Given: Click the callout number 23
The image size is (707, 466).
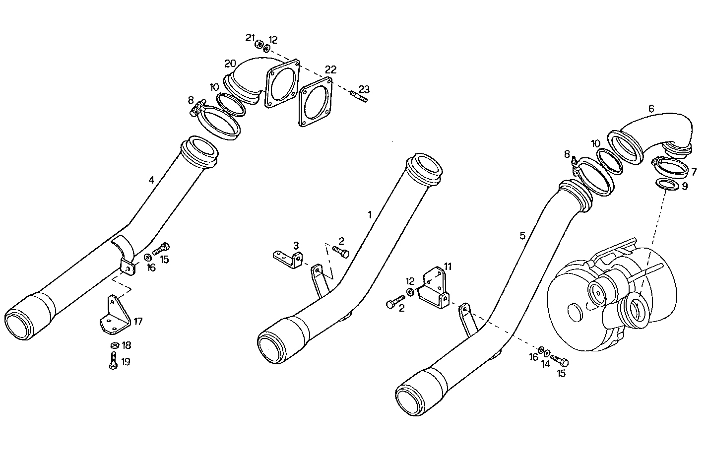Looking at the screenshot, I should pos(364,89).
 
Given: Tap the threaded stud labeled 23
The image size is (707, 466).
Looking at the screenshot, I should pos(358,97).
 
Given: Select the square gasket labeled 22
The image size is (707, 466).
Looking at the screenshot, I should pos(315,102).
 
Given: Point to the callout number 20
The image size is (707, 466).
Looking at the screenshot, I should pos(230,64).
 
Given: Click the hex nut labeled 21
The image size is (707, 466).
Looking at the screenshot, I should pos(258,44).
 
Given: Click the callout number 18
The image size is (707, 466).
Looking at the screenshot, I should pos(126,345).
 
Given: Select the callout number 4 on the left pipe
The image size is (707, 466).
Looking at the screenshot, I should pos(151,180).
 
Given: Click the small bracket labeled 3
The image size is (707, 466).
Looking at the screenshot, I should pos(288,258).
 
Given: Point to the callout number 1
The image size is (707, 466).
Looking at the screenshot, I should pos(369,214).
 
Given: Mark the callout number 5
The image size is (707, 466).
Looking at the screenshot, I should pos(522,235).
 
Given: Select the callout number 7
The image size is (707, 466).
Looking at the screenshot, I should pos(694,172).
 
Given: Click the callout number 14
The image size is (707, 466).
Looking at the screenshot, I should pos(546,364).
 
